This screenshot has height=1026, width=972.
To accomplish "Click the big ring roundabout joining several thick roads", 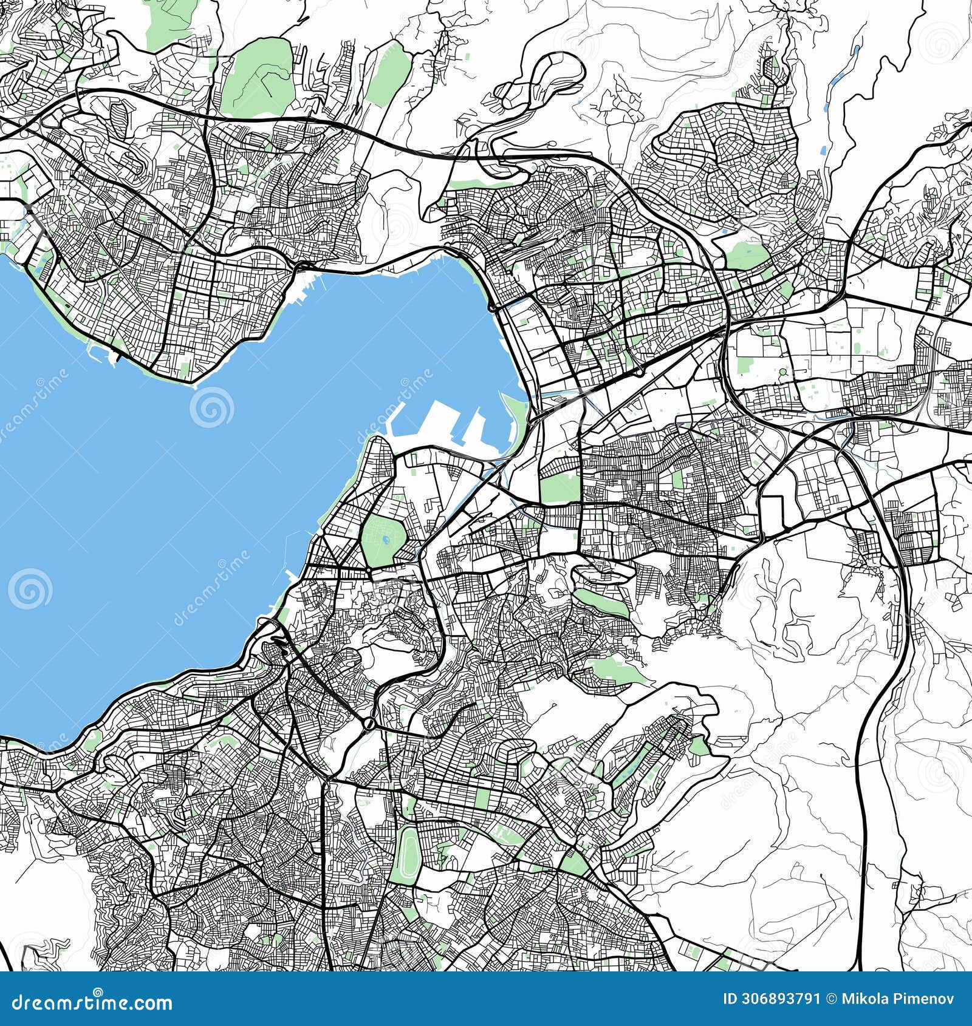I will click(369, 724).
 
